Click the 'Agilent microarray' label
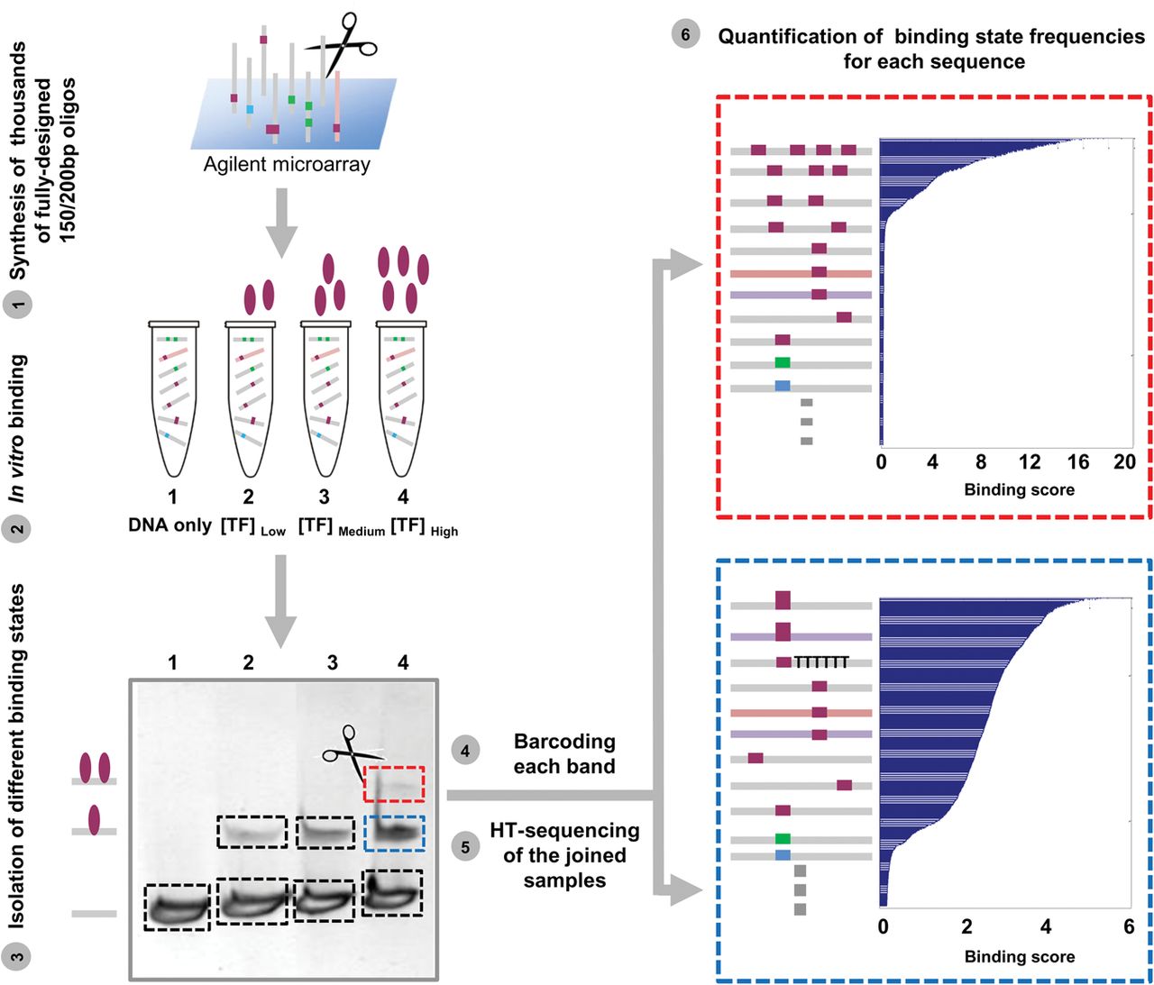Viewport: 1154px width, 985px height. pyautogui.click(x=287, y=164)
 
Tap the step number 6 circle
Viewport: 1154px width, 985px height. pyautogui.click(x=685, y=34)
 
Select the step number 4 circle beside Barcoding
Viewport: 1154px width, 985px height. pyautogui.click(x=465, y=752)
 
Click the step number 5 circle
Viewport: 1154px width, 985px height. pyautogui.click(x=465, y=847)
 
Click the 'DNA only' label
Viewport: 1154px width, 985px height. pyautogui.click(x=169, y=525)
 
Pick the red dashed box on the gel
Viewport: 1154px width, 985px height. pyautogui.click(x=394, y=784)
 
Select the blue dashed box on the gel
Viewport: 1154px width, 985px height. pyautogui.click(x=394, y=833)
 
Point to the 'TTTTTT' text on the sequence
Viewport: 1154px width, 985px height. pyautogui.click(x=821, y=662)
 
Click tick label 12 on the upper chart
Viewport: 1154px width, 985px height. pyautogui.click(x=1030, y=462)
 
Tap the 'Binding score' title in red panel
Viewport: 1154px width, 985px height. pyautogui.click(x=1019, y=490)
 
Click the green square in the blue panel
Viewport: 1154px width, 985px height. pyautogui.click(x=783, y=839)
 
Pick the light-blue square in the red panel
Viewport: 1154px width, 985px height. pyautogui.click(x=783, y=385)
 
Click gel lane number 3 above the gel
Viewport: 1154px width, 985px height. pyautogui.click(x=332, y=662)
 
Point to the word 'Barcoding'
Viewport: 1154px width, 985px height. pyautogui.click(x=564, y=742)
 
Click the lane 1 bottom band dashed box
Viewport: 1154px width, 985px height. pyautogui.click(x=177, y=907)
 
